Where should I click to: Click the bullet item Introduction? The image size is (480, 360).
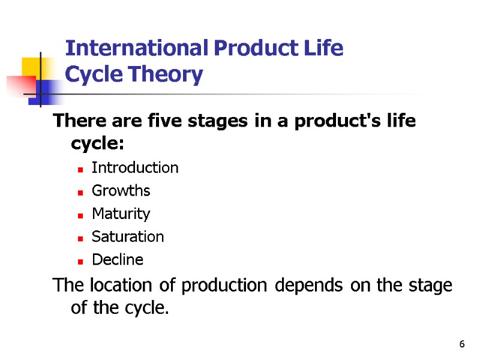point(135,167)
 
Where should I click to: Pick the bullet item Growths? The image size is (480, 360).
point(121,191)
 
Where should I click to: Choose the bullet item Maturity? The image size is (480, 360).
point(121,214)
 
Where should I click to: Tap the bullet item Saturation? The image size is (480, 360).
point(127,236)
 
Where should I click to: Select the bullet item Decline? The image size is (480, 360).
point(118,260)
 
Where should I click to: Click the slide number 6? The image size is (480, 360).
point(461,344)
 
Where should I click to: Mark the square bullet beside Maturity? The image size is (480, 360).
point(80,215)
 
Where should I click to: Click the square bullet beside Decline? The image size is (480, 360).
point(80,261)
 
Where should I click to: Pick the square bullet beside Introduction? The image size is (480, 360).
point(80,169)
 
